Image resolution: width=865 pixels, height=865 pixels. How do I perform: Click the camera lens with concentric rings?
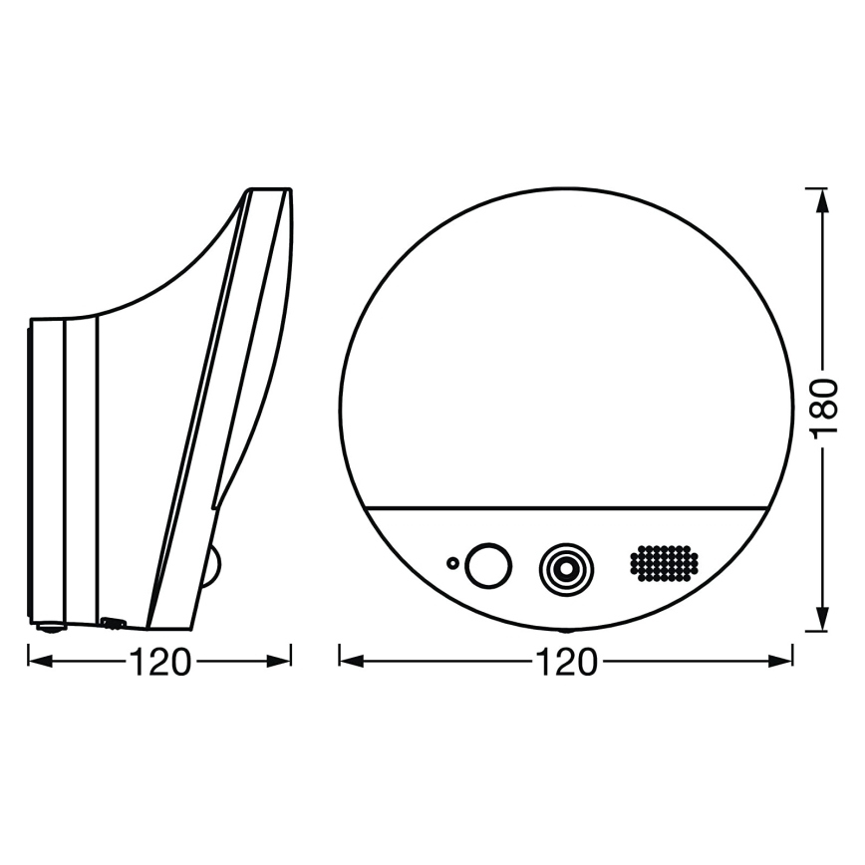[x=564, y=567]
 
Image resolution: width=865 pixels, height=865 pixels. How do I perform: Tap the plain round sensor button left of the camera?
[x=488, y=565]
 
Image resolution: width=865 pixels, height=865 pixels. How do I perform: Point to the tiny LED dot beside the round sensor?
[x=453, y=564]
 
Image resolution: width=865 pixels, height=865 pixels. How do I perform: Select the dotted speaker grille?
[x=663, y=564]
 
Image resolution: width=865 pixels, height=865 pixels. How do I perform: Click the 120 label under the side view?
[x=159, y=662]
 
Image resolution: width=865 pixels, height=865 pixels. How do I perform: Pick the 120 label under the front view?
[x=565, y=662]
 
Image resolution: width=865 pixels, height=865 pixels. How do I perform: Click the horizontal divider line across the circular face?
[x=565, y=507]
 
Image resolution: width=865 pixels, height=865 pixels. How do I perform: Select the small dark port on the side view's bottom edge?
[x=112, y=624]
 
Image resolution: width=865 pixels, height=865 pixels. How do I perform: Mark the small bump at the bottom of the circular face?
[x=565, y=631]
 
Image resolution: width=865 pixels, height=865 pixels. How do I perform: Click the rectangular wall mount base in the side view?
[x=63, y=468]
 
